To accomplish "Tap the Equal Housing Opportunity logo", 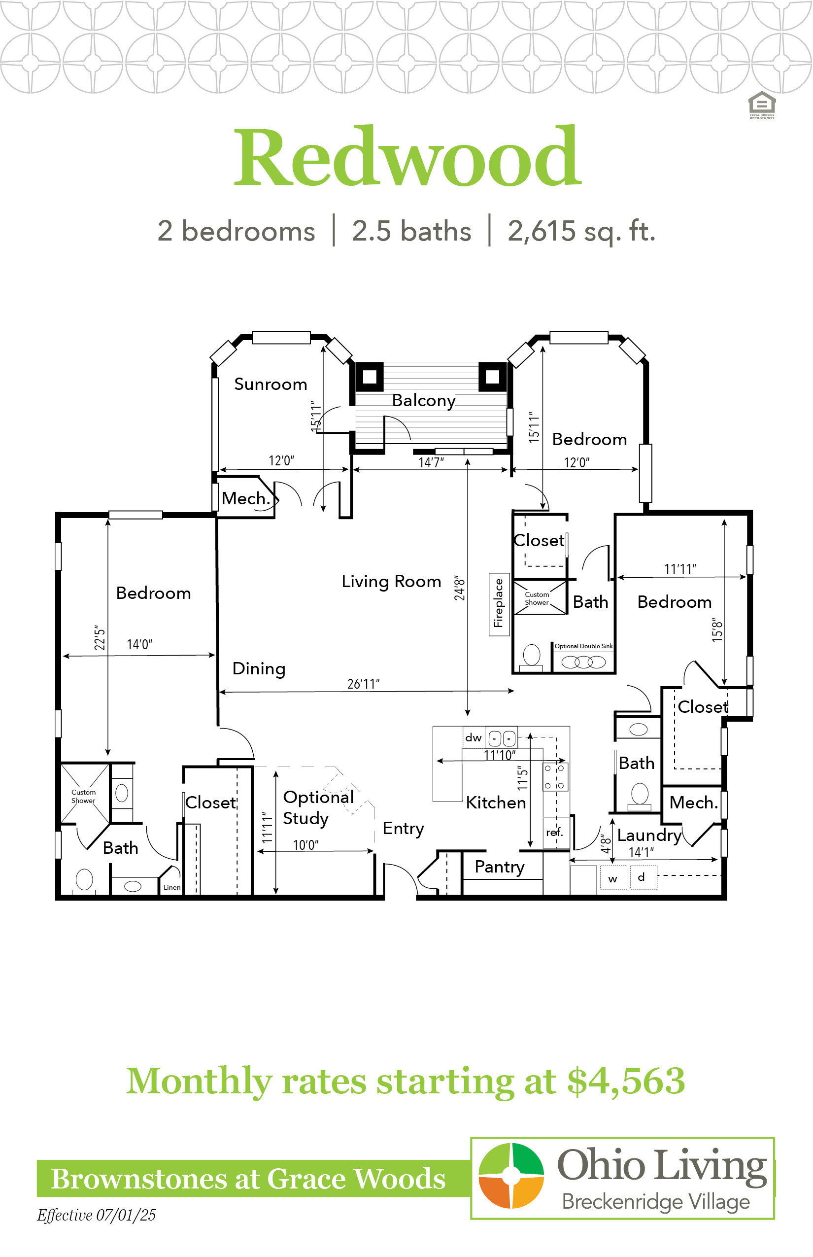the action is pos(762,105).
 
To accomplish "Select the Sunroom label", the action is pos(271,384).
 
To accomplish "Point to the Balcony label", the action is pos(423,400).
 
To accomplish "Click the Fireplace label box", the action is pos(499,604).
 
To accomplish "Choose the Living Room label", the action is pos(391,582).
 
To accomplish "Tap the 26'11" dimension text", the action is pos(363,684).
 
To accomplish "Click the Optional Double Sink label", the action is pos(583,646).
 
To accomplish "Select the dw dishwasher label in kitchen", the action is pos(474,737).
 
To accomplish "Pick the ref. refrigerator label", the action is pos(554,833).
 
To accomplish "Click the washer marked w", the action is pos(613,878).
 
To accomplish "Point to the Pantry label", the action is pos(500,867).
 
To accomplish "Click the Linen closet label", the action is pos(172,887).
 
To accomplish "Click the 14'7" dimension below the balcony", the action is pos(431,463).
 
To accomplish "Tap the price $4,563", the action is pos(626,1081).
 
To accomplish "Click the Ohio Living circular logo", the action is pos(511,1175).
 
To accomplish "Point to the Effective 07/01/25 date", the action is pos(96,1215).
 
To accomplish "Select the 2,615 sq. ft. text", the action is pos(581,231).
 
